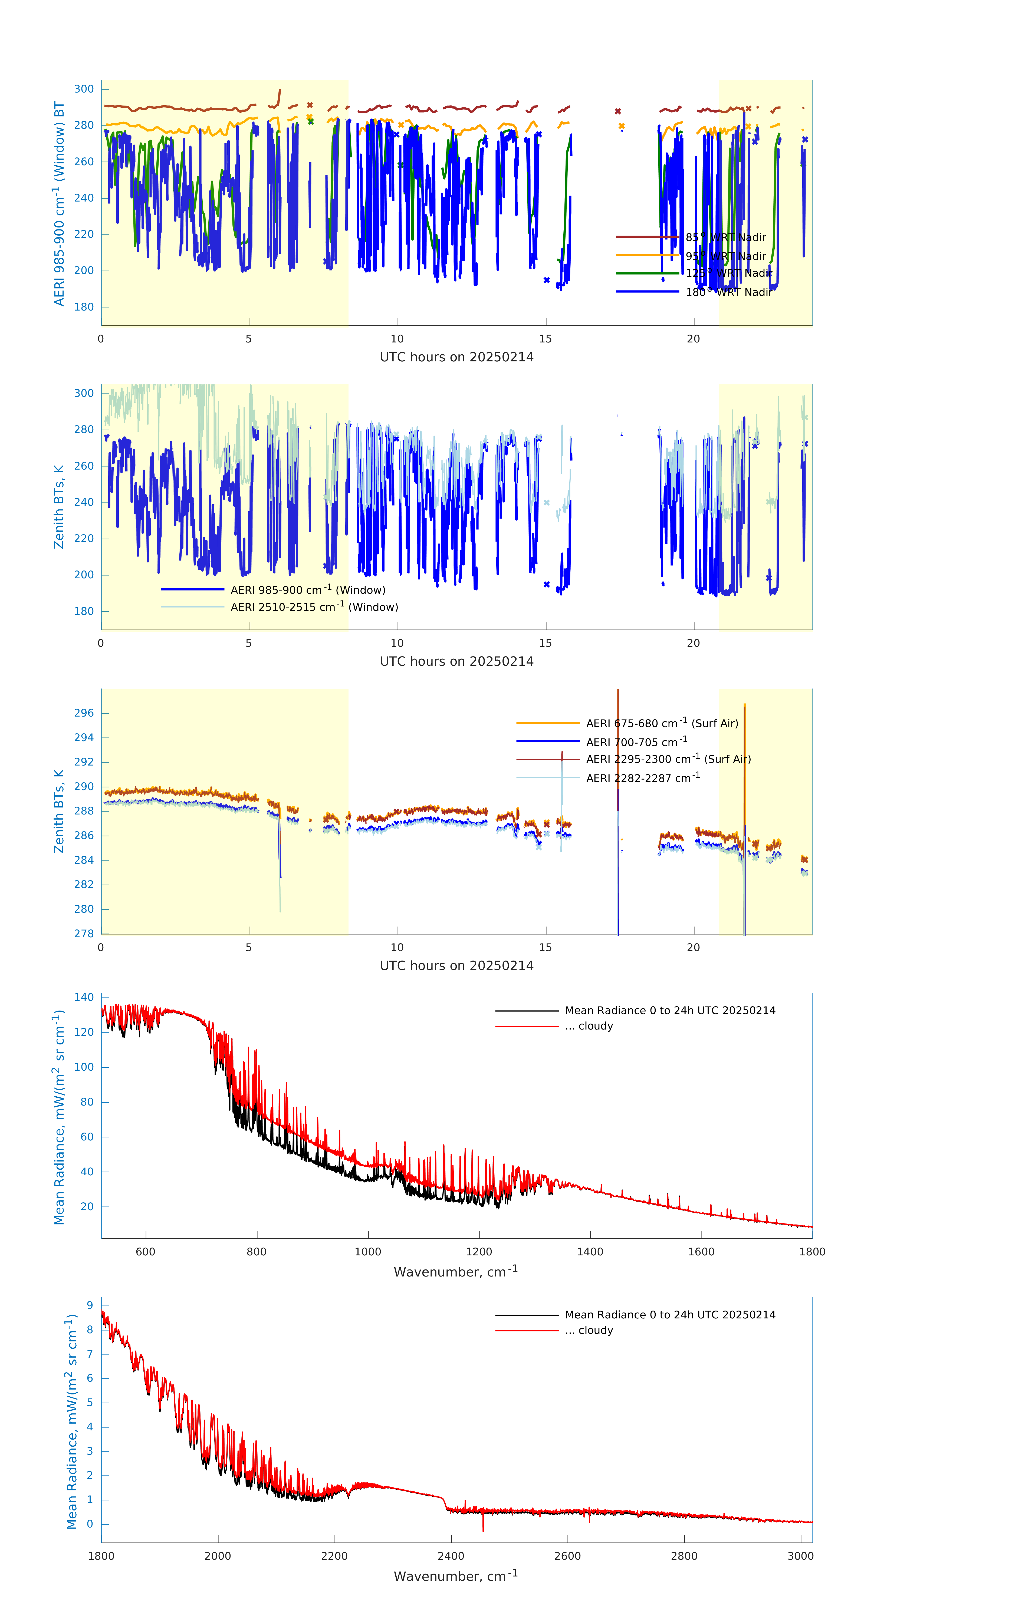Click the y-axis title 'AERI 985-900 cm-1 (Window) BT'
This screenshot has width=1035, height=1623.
coord(59,203)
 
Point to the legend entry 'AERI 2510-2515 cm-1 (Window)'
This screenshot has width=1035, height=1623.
coord(314,607)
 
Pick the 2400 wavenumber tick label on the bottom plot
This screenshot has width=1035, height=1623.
coord(451,1556)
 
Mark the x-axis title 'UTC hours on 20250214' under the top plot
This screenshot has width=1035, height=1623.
coord(456,357)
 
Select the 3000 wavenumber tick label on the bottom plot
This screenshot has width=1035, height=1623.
coord(800,1556)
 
